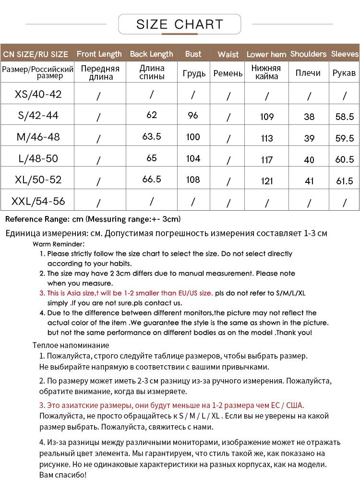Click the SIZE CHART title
pos(180,24)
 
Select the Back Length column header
pos(151,54)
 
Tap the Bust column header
pos(193,54)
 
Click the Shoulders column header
pos(308,54)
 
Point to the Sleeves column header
pos(345,54)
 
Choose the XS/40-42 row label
pos(38,94)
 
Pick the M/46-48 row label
pos(38,137)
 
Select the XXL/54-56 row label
pos(38,201)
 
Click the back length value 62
pos(152,115)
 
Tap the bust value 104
pos(193,158)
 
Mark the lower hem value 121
pos(267,181)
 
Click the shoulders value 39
pos(309,138)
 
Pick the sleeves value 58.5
pos(345,117)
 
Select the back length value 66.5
pos(152,180)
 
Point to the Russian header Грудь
pos(194,73)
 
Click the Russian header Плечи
pos(308,73)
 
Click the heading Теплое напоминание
pos(71,345)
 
